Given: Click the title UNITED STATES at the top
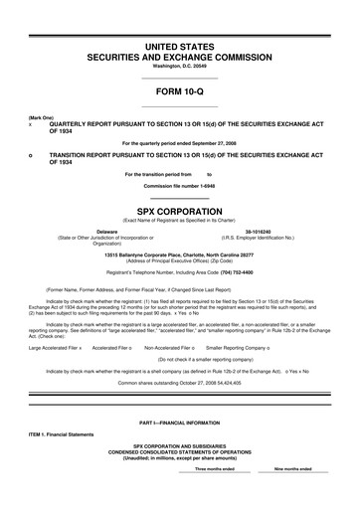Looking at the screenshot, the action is (180, 47).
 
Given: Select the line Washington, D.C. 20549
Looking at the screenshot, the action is (180, 68).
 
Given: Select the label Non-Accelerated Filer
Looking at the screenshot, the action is (175, 348).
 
